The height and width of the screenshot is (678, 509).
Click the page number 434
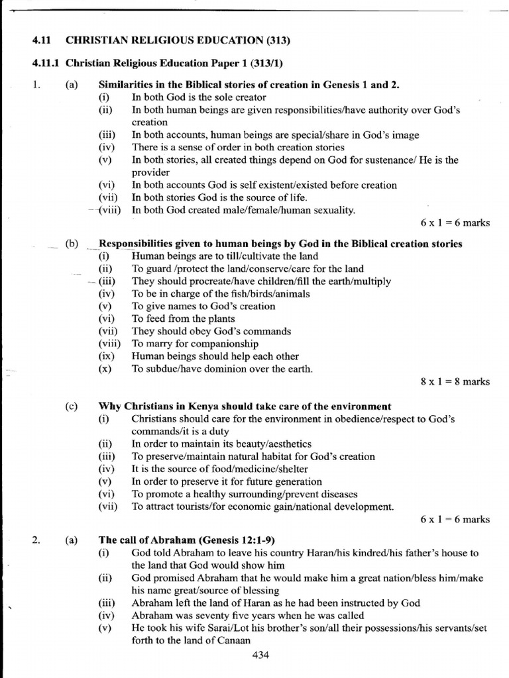(260, 655)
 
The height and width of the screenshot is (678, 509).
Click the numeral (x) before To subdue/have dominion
(105, 369)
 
